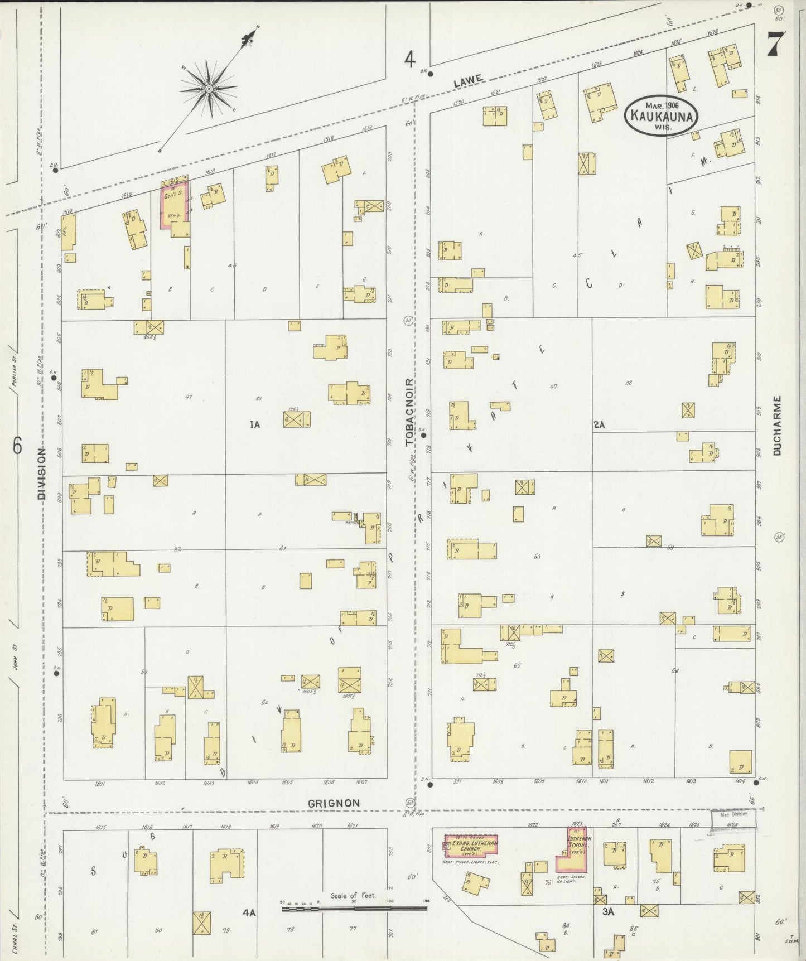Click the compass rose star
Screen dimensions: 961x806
coord(208,88)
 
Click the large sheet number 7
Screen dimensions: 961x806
coord(776,43)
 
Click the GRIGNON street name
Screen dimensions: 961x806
coord(334,803)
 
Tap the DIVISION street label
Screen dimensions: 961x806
coord(41,473)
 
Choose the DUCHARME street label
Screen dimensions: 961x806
coord(778,426)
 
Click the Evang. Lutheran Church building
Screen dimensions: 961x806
coord(471,846)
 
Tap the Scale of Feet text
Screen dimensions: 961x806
coord(353,896)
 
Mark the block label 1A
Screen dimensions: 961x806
coord(254,425)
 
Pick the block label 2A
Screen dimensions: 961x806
coord(599,425)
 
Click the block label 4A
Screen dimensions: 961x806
coord(249,913)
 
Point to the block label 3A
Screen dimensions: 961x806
coord(608,912)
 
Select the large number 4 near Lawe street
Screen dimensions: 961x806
coord(410,59)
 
